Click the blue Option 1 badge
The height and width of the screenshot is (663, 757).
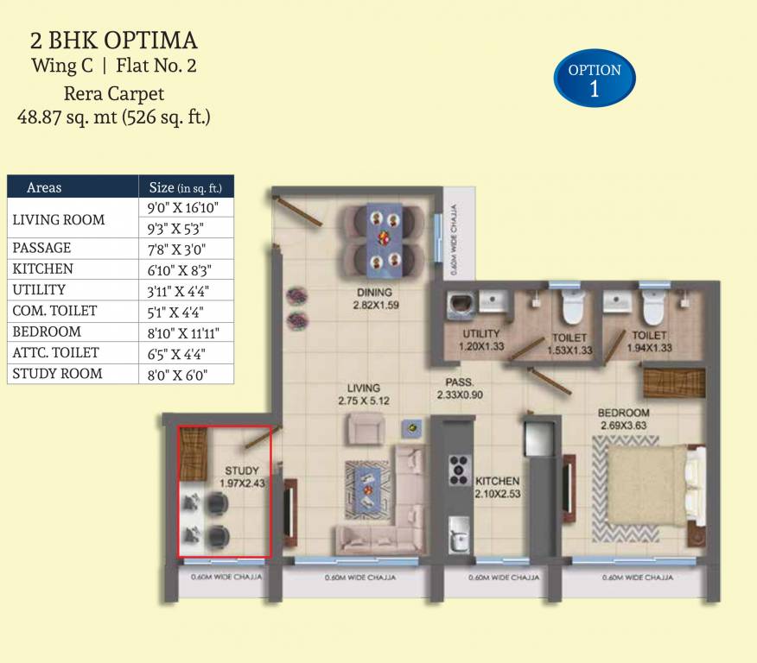595,79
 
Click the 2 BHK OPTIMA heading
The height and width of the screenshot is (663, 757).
114,40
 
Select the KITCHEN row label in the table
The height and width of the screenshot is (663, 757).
42,269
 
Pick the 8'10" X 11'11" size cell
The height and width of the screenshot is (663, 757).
185,332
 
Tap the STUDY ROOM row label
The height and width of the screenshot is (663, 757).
57,374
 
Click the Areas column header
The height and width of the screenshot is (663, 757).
44,187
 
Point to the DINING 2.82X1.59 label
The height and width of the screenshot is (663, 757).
376,298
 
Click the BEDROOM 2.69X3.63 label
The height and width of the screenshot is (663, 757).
625,419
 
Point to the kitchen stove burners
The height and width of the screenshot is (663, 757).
458,469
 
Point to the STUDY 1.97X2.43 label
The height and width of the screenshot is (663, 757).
242,477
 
